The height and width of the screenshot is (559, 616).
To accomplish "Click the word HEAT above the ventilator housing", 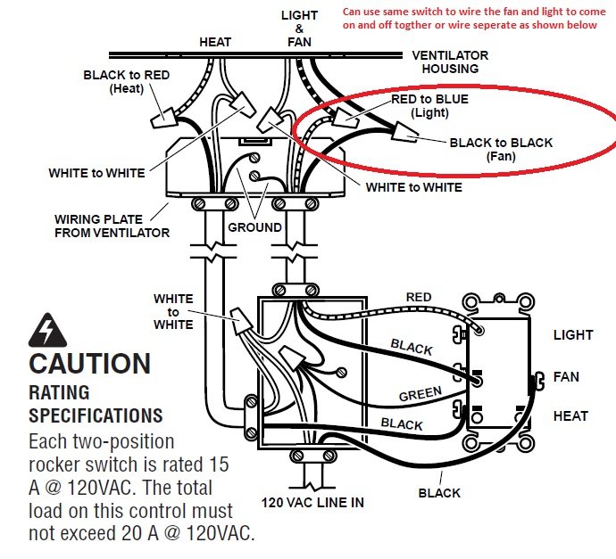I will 215,42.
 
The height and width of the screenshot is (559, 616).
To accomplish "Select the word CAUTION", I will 89,364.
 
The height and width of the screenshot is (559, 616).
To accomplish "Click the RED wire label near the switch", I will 419,297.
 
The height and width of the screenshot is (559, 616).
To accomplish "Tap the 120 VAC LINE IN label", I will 312,503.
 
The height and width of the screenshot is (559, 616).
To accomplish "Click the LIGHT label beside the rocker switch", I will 572,335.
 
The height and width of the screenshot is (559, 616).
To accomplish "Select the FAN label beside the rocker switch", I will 566,377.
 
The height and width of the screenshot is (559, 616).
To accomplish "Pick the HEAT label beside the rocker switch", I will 570,416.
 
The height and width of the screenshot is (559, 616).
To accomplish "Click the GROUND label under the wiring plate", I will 255,227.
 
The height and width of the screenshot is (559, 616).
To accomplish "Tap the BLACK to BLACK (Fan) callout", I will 501,149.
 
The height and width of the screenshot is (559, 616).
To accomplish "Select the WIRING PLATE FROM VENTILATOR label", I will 112,226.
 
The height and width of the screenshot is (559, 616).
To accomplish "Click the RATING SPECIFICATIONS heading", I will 96,404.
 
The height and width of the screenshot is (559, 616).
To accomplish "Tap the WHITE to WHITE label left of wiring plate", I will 96,173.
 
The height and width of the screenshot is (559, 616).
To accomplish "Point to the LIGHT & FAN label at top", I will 299,29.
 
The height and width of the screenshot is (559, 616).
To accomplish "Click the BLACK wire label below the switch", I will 439,493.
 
